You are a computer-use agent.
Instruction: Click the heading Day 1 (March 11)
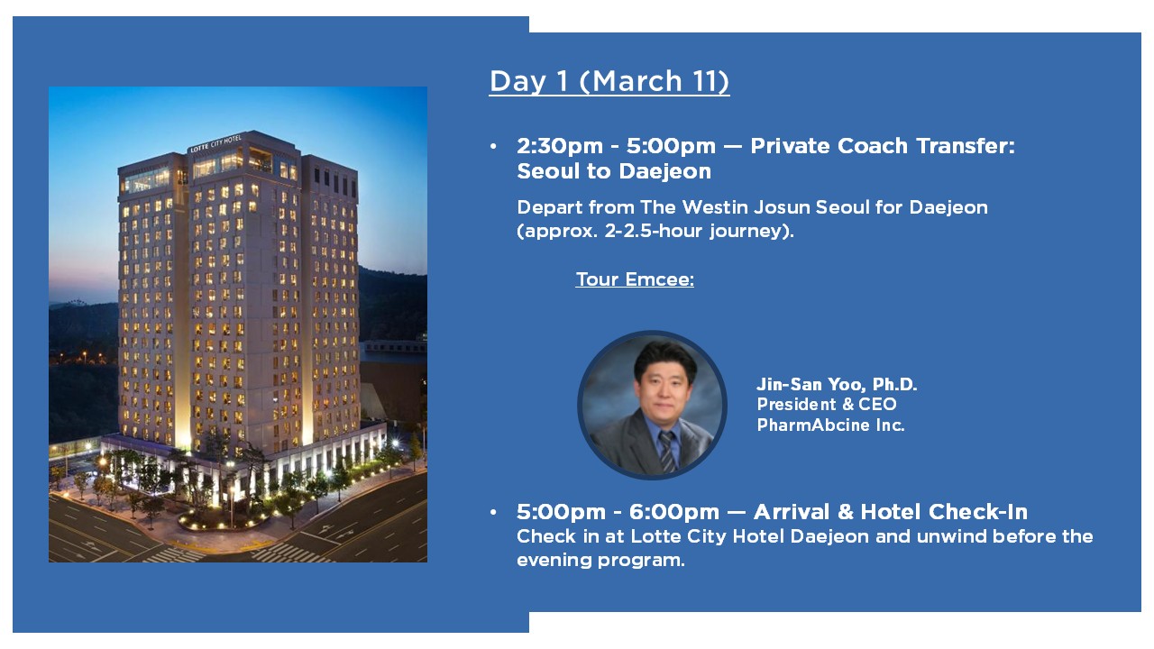pyautogui.click(x=609, y=81)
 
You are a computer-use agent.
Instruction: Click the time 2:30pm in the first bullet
pyautogui.click(x=560, y=146)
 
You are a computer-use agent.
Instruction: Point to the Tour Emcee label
pyautogui.click(x=635, y=279)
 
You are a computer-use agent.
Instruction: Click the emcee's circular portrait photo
pyautogui.click(x=652, y=405)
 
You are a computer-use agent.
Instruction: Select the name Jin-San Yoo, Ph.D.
pyautogui.click(x=837, y=384)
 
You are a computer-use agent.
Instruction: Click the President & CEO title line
pyautogui.click(x=827, y=405)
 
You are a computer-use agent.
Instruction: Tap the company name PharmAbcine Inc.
pyautogui.click(x=830, y=425)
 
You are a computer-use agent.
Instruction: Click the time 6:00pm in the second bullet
pyautogui.click(x=673, y=512)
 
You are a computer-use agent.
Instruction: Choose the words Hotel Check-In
pyautogui.click(x=944, y=512)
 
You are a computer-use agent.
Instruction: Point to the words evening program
pyautogui.click(x=600, y=561)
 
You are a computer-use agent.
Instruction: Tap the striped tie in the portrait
pyautogui.click(x=666, y=452)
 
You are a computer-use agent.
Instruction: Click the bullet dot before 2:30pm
pyautogui.click(x=493, y=147)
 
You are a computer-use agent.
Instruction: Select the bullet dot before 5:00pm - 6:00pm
pyautogui.click(x=493, y=513)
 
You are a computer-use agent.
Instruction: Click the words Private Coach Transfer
pyautogui.click(x=882, y=146)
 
